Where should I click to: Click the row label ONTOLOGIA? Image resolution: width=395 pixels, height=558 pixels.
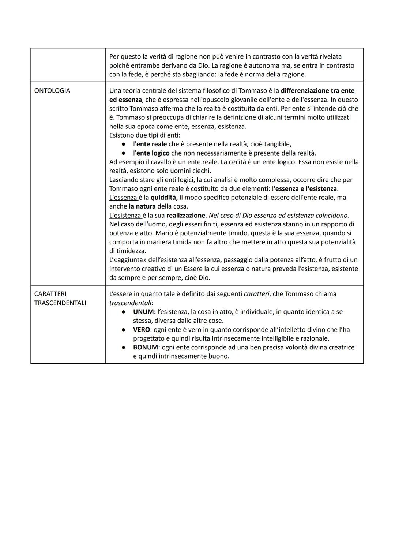[52, 91]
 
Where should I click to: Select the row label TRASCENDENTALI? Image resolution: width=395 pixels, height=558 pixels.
[60, 303]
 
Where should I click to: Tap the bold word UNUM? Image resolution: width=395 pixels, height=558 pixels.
[144, 312]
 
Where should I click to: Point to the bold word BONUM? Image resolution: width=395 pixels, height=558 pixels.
[145, 347]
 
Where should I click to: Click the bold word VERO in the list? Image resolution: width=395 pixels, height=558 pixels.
[141, 330]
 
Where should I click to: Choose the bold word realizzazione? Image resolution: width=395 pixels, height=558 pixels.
[185, 215]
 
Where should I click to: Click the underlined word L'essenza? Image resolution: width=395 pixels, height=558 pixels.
[123, 198]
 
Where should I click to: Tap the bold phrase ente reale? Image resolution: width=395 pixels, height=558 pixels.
[151, 144]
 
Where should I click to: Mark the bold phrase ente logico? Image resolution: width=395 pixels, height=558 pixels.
[153, 153]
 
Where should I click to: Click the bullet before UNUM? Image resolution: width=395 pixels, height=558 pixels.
[124, 312]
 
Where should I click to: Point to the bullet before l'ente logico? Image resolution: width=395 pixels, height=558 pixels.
[124, 153]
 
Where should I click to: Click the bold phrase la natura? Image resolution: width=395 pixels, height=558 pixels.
[142, 206]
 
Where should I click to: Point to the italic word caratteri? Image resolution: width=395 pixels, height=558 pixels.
[256, 294]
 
